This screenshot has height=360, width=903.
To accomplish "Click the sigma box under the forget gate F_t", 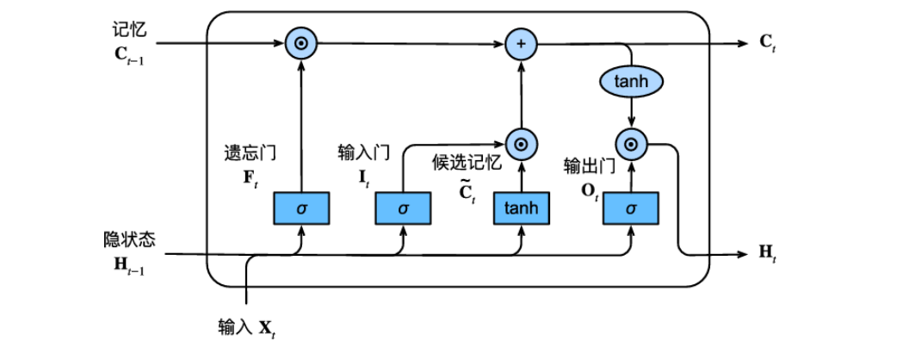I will point(301,208).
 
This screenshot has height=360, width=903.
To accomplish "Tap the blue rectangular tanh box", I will point(520,208).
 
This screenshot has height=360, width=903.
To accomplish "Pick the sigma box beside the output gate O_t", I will point(631,208).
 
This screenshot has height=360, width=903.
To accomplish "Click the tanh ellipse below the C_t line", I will point(633,82).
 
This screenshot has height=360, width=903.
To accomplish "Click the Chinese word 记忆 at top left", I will point(129,28).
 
